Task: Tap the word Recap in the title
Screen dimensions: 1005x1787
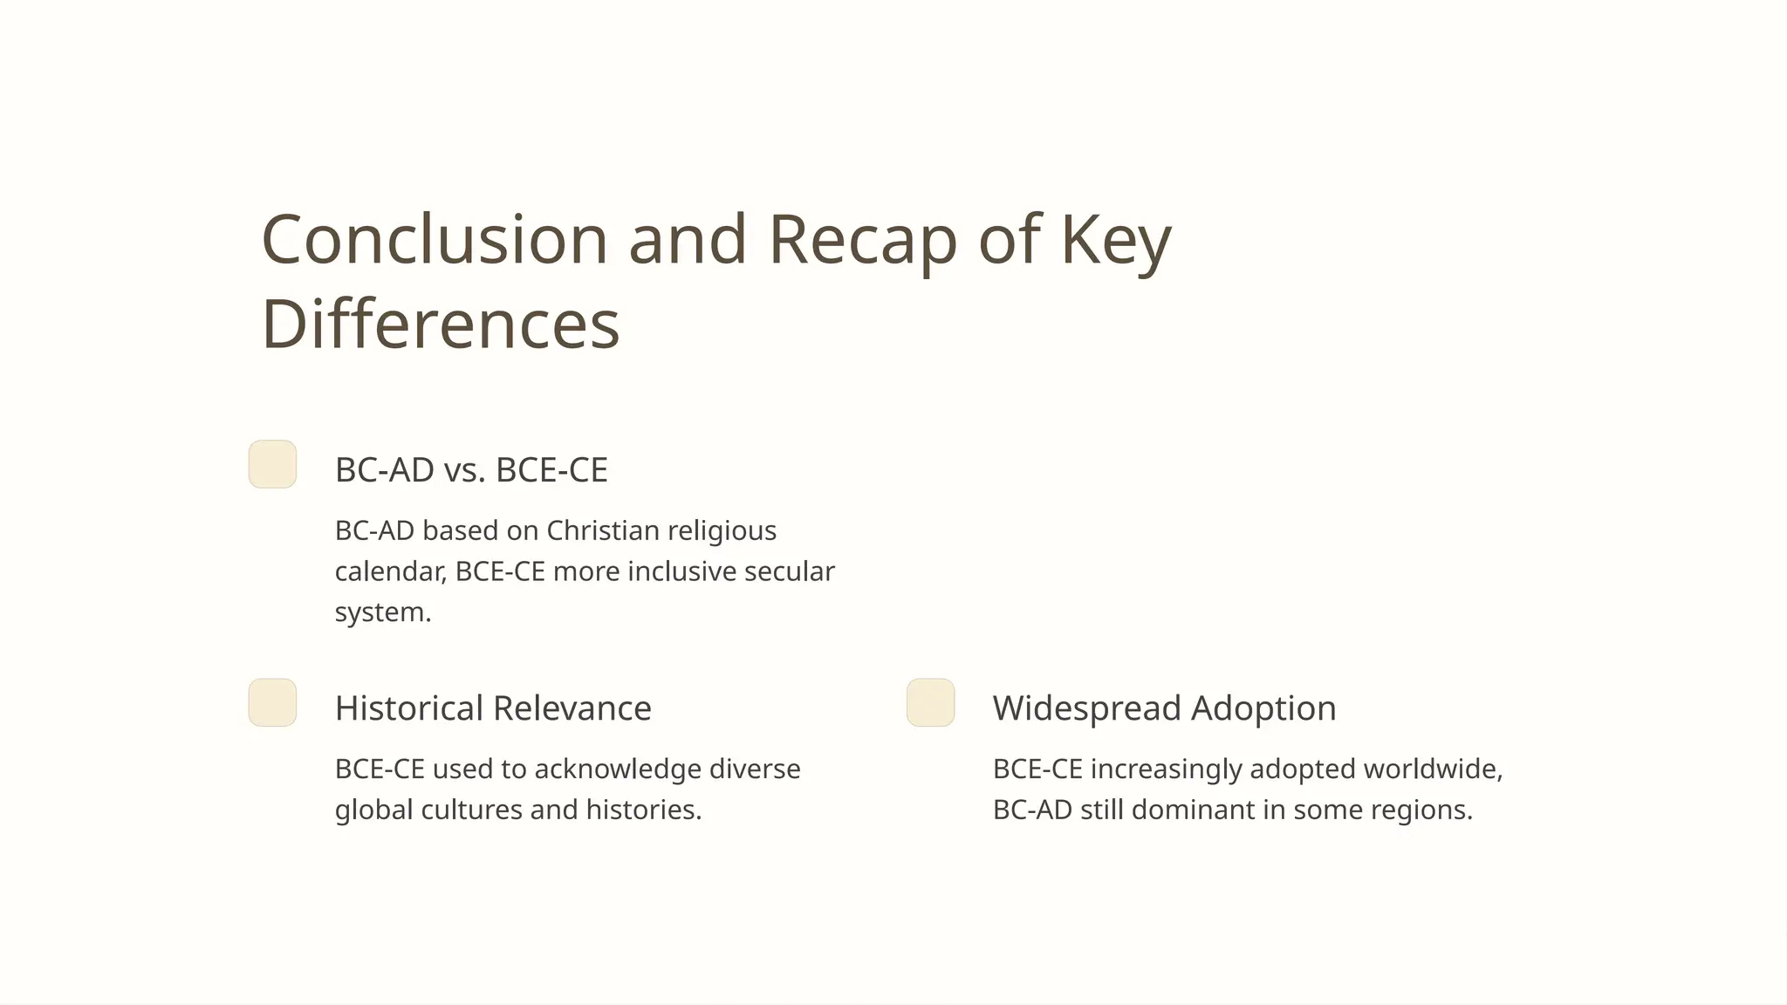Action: [x=862, y=241]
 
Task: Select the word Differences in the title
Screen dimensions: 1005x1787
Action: [x=441, y=324]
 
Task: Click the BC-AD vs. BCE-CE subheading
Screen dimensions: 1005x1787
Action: [x=471, y=470]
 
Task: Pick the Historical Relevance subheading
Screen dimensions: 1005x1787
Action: [x=493, y=708]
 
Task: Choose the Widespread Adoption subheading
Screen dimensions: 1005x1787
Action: [x=1164, y=708]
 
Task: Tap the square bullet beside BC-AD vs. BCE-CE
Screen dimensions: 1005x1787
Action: [x=272, y=464]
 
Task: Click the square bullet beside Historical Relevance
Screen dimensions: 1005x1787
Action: [x=272, y=702]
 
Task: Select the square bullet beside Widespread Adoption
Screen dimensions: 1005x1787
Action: [x=930, y=702]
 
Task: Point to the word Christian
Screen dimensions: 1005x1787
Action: [x=602, y=530]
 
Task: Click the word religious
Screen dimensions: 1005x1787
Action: [x=722, y=531]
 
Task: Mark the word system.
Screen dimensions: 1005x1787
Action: [x=382, y=612]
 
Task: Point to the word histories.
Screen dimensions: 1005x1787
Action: [x=643, y=810]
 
